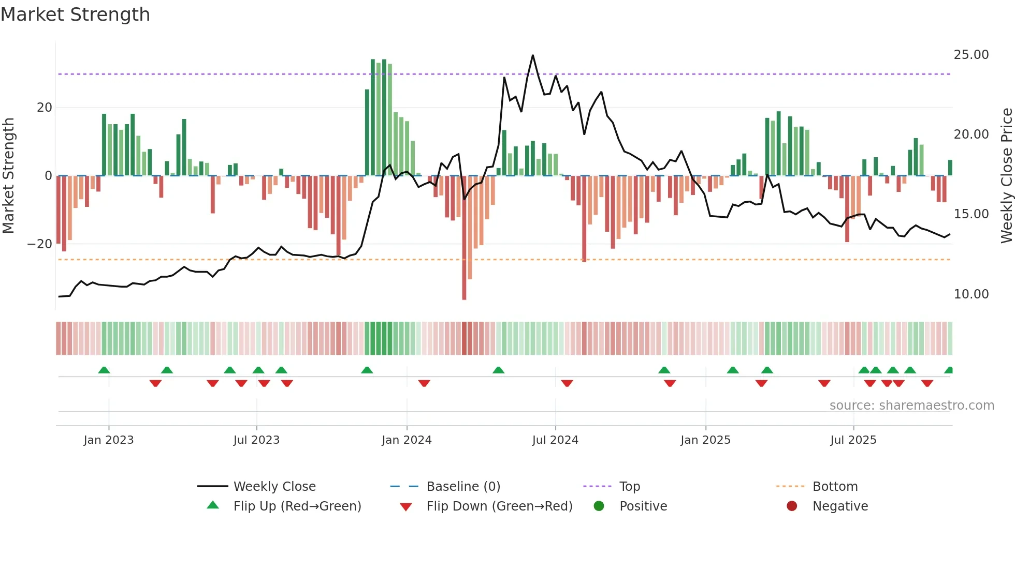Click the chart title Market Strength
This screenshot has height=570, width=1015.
click(75, 14)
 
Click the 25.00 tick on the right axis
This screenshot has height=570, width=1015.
click(971, 55)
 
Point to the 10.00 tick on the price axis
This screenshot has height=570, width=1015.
click(971, 294)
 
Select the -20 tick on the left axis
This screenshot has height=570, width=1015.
click(40, 244)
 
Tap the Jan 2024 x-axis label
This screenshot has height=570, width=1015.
click(407, 440)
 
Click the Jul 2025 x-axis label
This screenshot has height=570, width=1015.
click(853, 440)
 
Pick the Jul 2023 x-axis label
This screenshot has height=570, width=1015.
click(256, 440)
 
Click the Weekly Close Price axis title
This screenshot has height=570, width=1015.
click(1006, 176)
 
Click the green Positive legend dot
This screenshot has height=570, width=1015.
click(599, 506)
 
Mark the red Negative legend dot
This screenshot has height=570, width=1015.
click(792, 506)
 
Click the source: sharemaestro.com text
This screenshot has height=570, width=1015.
click(911, 406)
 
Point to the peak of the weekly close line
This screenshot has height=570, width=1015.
click(532, 55)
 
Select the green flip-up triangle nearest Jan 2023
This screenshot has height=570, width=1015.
click(104, 370)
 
